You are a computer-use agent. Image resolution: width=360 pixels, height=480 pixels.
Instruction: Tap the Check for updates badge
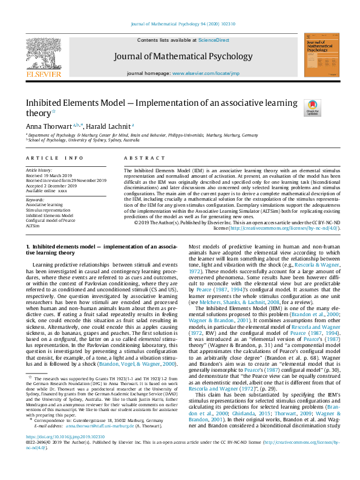[x=313, y=108]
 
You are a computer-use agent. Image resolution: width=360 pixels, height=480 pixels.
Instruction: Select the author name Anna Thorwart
[x=48, y=125]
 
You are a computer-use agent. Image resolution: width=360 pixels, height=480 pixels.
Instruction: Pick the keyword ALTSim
[x=33, y=225]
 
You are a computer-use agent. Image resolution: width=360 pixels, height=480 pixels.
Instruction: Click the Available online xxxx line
[x=47, y=190]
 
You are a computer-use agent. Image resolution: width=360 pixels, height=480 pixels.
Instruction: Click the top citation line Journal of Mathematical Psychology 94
[x=180, y=25]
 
